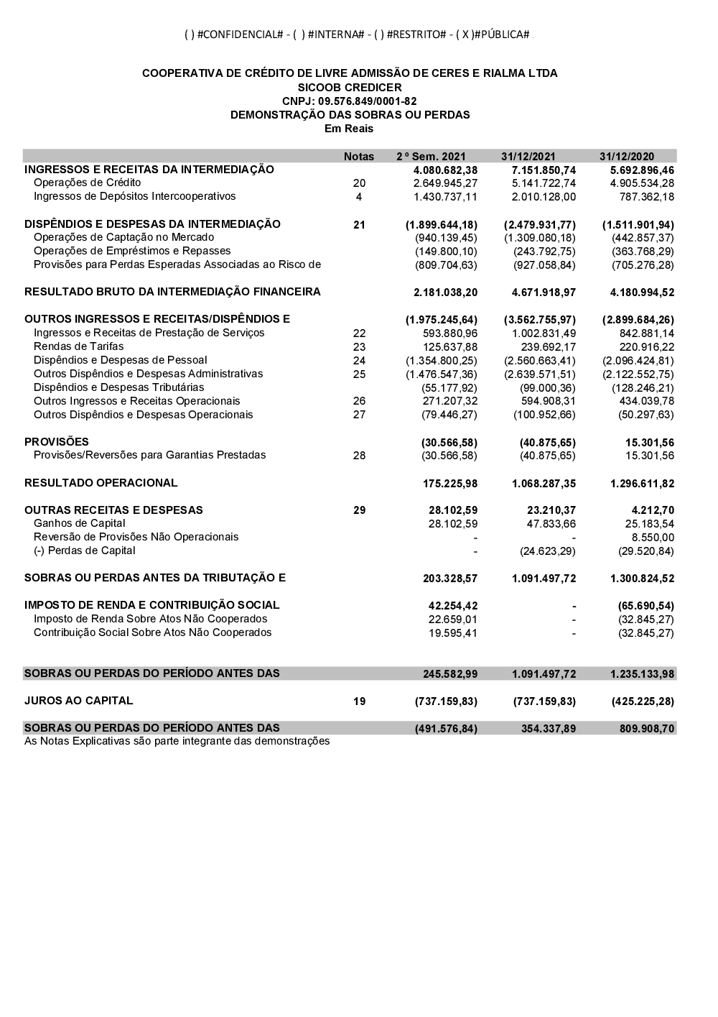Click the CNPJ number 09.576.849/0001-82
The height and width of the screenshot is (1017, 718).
point(349,101)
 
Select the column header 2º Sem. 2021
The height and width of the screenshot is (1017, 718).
point(431,157)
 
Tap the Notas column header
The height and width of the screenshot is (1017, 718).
point(359,157)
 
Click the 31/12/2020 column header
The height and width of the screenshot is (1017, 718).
point(627,157)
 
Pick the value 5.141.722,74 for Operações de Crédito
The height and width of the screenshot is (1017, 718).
point(544,183)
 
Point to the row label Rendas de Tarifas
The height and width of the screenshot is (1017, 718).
point(79,346)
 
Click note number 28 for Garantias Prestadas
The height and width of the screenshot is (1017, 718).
point(359,456)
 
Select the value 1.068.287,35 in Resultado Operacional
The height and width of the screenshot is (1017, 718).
point(544,484)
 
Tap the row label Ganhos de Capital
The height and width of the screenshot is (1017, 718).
point(79,523)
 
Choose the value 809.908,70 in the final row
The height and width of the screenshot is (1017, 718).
point(647,729)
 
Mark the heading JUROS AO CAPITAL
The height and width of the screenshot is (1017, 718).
point(79,701)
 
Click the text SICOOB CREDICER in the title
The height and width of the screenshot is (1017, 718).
point(350,88)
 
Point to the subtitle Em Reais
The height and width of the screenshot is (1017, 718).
point(349,129)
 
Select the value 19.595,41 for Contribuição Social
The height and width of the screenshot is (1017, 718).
point(453,633)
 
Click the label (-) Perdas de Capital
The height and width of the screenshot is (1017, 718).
point(85,551)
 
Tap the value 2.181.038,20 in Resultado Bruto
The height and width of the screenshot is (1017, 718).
point(445,293)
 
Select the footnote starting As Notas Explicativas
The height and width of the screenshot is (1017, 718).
point(177,741)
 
